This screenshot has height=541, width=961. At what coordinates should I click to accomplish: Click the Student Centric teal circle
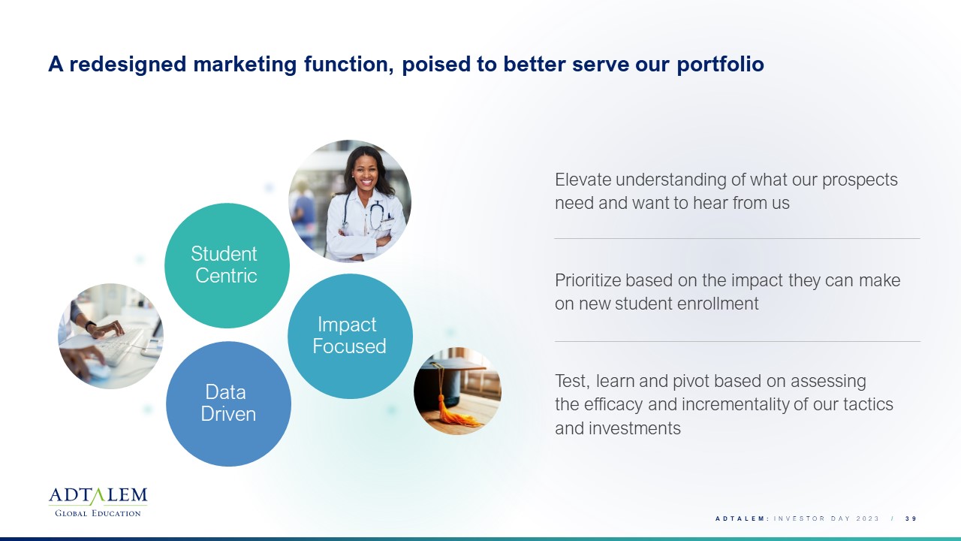coord(227,266)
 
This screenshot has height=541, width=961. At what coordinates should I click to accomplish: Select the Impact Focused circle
coord(350,336)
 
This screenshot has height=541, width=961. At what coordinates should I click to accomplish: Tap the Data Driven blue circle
coord(229,404)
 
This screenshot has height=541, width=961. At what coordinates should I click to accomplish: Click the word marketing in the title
coord(245,65)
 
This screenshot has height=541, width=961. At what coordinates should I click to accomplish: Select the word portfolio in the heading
coord(720,65)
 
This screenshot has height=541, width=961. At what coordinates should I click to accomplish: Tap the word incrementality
coord(735,404)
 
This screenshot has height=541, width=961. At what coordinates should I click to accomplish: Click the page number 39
coord(911,518)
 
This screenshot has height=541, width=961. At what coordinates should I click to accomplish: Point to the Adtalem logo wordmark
coord(98,496)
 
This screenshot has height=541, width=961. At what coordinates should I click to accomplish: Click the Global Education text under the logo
coord(98,513)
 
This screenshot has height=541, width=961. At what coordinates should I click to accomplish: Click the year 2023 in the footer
coord(867,518)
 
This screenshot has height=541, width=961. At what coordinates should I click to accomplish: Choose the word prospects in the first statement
coord(860,180)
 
